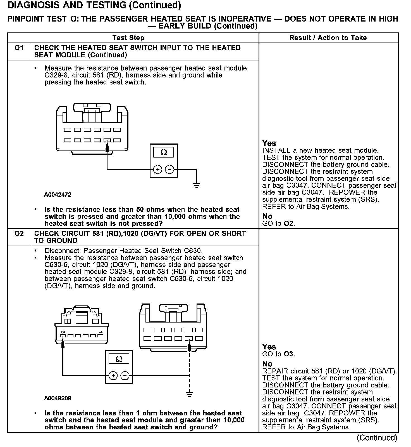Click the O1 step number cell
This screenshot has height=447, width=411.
tap(19, 48)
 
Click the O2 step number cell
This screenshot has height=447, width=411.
tap(19, 234)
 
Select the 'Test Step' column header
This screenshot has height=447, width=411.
tap(128, 38)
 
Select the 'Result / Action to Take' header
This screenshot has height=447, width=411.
tap(328, 38)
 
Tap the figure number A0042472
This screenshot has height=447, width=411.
tap(58, 195)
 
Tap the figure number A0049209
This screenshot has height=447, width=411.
tap(58, 398)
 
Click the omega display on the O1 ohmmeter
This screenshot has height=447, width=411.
tap(164, 152)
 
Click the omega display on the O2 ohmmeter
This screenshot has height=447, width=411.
tap(119, 359)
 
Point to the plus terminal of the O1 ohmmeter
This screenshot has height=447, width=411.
tap(158, 170)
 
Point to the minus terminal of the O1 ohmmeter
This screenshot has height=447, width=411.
tap(169, 170)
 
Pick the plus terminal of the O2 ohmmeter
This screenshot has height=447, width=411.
tap(113, 376)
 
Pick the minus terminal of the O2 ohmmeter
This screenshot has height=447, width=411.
tap(125, 376)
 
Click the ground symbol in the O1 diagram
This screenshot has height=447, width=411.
tap(197, 185)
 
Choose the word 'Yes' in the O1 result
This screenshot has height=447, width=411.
tap(269, 143)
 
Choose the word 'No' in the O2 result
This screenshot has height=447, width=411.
tap(267, 364)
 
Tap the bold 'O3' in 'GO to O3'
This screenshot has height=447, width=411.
tap(289, 354)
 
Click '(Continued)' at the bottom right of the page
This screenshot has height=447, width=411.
tap(377, 438)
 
